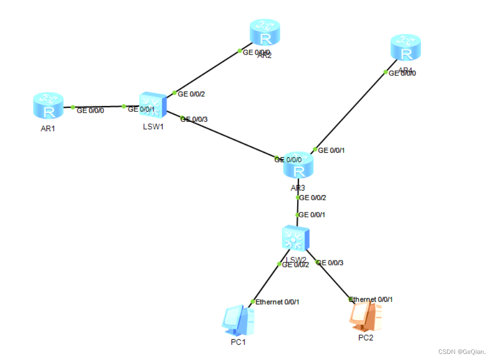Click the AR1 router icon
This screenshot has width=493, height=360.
48,106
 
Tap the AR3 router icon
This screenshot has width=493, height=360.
299,165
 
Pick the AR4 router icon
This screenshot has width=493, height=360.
406,48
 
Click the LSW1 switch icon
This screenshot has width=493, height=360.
153,105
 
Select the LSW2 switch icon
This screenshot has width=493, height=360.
295,238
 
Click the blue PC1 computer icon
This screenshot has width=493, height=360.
237,321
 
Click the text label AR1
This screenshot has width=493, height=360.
48,128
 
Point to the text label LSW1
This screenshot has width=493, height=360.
154,126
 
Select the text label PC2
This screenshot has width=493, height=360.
366,337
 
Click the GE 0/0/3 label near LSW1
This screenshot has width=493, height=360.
194,119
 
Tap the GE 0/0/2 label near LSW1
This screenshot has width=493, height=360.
192,94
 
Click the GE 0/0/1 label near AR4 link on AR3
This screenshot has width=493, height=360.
332,150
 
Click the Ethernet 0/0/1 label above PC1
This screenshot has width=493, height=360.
277,302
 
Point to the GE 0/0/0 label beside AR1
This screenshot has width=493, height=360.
90,110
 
